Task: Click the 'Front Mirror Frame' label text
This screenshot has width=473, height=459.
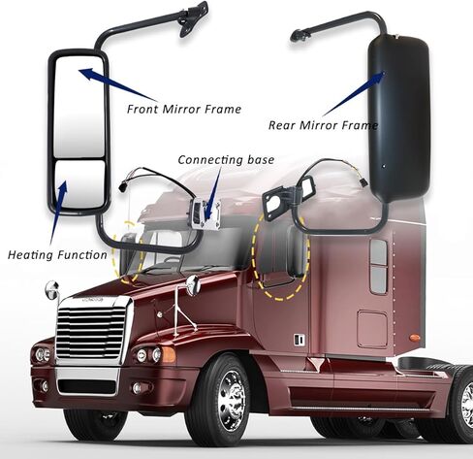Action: (x=184, y=109)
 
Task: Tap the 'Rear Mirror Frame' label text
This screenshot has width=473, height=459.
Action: (x=323, y=125)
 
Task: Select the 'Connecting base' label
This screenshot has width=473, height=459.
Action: (x=226, y=159)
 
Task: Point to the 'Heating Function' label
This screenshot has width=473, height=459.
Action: (x=57, y=255)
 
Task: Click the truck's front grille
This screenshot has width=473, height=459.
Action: (x=91, y=333)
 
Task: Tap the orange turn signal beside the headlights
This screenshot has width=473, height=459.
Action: (x=169, y=354)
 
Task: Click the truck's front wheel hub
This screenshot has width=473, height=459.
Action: (x=232, y=401)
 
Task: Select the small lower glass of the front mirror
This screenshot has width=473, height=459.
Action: (x=80, y=184)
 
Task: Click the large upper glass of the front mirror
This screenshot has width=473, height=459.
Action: (x=79, y=107)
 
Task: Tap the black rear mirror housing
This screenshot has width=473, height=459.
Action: (x=399, y=118)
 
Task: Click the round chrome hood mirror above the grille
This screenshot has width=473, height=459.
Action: (x=51, y=290)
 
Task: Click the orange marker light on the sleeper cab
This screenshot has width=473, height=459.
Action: (x=415, y=338)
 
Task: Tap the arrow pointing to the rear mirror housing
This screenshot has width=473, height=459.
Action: (x=353, y=94)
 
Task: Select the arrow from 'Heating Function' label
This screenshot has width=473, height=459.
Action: (x=58, y=213)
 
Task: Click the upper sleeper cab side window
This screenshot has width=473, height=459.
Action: (x=379, y=251)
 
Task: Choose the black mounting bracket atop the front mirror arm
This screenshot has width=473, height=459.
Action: (x=193, y=18)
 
